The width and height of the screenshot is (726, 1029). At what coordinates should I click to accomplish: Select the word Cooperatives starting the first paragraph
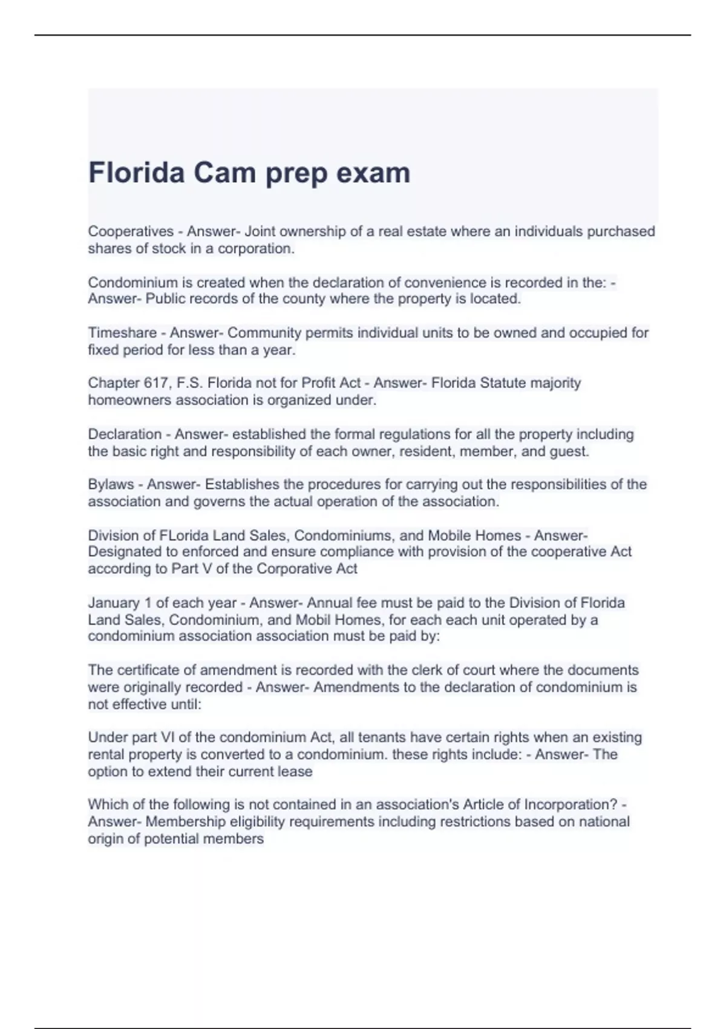coord(131,232)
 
